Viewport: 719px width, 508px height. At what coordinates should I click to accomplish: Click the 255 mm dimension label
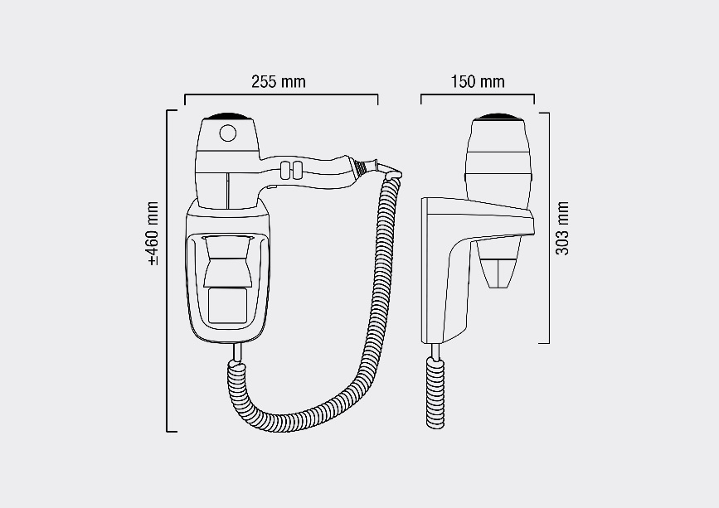279,82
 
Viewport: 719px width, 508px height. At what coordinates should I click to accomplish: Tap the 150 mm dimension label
477,82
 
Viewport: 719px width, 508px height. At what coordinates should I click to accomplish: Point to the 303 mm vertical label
562,227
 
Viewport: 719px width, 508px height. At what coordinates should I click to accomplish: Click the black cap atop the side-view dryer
498,115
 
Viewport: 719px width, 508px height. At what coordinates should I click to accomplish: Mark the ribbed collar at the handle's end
360,166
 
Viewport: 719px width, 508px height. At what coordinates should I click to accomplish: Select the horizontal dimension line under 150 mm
477,95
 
